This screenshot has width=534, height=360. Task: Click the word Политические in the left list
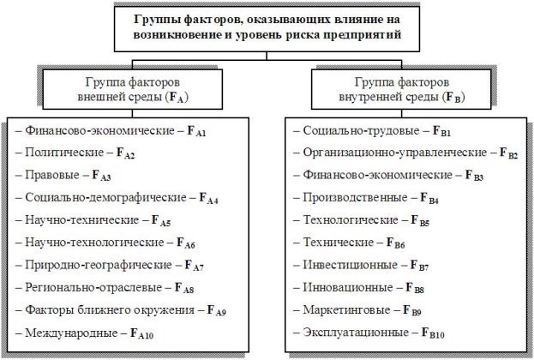tap(64, 153)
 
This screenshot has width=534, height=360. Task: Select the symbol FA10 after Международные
tap(141, 333)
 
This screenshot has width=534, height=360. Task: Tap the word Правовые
tap(52, 175)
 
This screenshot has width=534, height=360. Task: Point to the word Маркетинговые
tap(346, 310)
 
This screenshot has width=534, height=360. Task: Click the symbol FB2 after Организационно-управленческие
tap(508, 153)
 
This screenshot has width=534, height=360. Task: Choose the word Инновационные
tap(348, 287)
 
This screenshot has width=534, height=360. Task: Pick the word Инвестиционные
tap(351, 265)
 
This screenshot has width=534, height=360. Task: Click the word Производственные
tap(355, 197)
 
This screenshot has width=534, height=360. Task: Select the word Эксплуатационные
tap(356, 332)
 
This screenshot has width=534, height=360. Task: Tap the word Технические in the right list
tap(339, 243)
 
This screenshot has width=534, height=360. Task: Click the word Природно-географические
tap(99, 265)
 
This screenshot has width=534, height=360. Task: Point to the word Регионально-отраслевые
tap(93, 287)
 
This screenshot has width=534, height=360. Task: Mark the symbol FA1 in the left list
tap(196, 131)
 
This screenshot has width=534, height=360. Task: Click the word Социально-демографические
tap(105, 197)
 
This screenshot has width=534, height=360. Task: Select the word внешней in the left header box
tap(101, 97)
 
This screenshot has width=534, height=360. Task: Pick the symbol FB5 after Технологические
tap(420, 220)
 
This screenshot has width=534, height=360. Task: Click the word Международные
tap(71, 333)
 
